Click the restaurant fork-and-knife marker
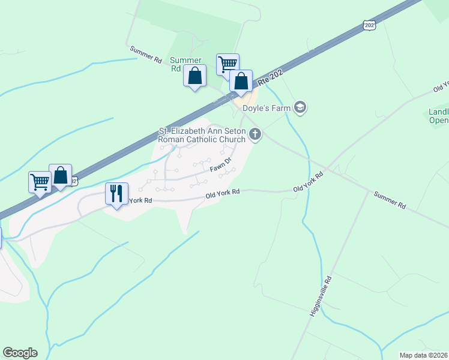(116, 194)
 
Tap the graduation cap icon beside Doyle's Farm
(300, 108)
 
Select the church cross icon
(256, 134)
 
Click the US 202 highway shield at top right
(369, 25)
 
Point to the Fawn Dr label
(220, 167)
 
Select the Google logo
(20, 353)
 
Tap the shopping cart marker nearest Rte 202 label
(228, 64)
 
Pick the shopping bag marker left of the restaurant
(61, 175)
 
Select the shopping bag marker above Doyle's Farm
(241, 81)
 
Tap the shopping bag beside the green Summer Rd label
(194, 76)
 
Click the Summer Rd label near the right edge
(390, 200)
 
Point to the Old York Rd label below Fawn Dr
(223, 193)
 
